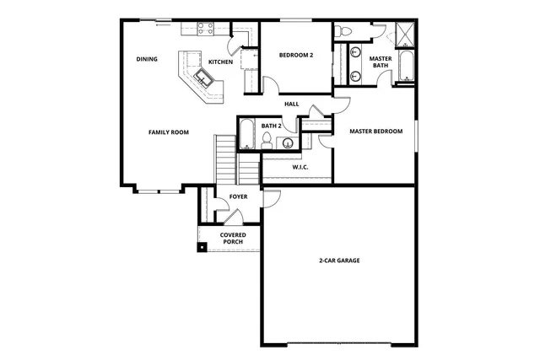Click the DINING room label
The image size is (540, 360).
148,59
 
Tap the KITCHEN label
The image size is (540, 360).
220,62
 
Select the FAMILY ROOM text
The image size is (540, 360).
169,132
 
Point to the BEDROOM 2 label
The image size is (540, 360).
296,56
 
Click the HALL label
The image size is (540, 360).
292,104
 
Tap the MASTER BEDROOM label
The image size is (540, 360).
376,131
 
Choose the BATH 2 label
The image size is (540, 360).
271,126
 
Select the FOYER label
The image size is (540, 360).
239,197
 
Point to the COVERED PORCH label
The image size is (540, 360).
233,239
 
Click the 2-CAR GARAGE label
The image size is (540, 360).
339,261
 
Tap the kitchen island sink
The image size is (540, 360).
203,78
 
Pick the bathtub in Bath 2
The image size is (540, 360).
247,134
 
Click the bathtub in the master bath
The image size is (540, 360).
406,66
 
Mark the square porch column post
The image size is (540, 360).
202,247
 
